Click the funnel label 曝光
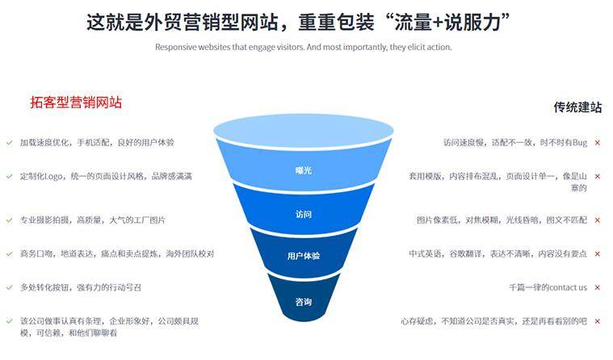pyautogui.click(x=303, y=170)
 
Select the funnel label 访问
pyautogui.click(x=303, y=214)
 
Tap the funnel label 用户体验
pyautogui.click(x=303, y=256)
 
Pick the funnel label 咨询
pyautogui.click(x=303, y=302)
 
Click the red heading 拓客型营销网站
pyautogui.click(x=76, y=103)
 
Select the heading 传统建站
pyautogui.click(x=577, y=107)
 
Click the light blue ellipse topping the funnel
pyautogui.click(x=303, y=130)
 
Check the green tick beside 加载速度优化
pyautogui.click(x=8, y=142)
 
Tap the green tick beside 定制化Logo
pyautogui.click(x=8, y=175)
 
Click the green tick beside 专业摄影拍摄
pyautogui.click(x=8, y=220)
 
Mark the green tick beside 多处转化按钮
pyautogui.click(x=8, y=287)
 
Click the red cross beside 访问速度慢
pyautogui.click(x=597, y=142)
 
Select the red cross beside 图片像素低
pyautogui.click(x=597, y=220)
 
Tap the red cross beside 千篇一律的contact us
pyautogui.click(x=597, y=287)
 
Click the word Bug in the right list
pyautogui.click(x=579, y=142)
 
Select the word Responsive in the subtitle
pyautogui.click(x=175, y=47)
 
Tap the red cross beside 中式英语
pyautogui.click(x=597, y=253)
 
